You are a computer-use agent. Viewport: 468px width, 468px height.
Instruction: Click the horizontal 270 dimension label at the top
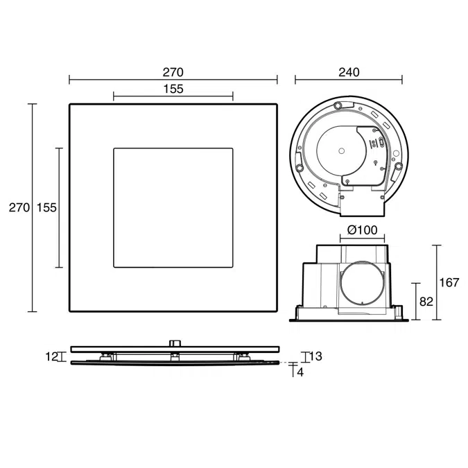173,72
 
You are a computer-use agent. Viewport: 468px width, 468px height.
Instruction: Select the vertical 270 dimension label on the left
19,207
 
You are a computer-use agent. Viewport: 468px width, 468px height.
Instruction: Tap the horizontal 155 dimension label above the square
173,89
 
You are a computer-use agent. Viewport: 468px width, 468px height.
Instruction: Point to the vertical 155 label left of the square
46,207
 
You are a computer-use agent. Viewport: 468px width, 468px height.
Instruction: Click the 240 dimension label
349,72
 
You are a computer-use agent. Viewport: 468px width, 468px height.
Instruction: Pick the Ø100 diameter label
363,229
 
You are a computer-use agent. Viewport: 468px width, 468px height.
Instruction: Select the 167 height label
449,282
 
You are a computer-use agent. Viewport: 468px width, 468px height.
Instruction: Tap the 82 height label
426,302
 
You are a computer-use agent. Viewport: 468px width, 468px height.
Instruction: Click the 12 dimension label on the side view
51,356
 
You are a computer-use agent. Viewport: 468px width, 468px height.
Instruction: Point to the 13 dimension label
315,356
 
